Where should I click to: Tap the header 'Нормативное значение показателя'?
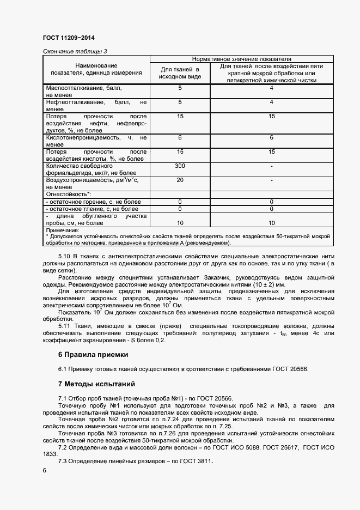click(x=241, y=58)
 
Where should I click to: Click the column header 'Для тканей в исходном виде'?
click(x=180, y=73)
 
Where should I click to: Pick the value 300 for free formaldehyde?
click(x=180, y=165)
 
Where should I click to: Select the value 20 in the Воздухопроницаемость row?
click(x=180, y=179)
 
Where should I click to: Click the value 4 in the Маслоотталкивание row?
click(x=271, y=88)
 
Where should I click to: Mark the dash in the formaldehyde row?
click(x=271, y=165)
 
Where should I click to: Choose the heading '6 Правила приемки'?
click(x=93, y=355)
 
